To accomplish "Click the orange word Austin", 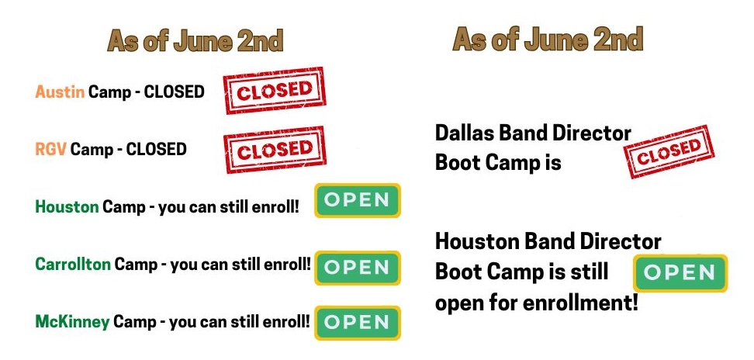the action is (x=60, y=92).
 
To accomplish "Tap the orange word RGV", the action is (x=51, y=149).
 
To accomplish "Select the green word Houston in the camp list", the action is (x=67, y=207).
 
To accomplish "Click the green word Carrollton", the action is (x=73, y=264).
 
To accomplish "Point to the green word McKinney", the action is (x=72, y=321).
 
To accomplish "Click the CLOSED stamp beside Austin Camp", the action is (x=275, y=90).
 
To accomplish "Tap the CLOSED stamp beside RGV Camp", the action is (x=275, y=150).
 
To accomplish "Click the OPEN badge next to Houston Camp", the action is (x=358, y=200).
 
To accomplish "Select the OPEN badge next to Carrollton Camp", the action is (x=358, y=268).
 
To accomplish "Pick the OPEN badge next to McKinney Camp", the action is (x=358, y=323).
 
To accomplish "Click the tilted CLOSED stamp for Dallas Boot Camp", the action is (x=669, y=152).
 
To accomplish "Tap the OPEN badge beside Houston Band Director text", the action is (x=680, y=273).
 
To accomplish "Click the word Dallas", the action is (x=465, y=133).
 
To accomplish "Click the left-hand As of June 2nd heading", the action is (x=195, y=41).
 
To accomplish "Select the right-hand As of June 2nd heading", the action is (x=548, y=40).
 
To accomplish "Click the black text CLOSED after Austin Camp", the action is (x=175, y=92).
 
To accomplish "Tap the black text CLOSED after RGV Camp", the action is (x=156, y=149).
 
